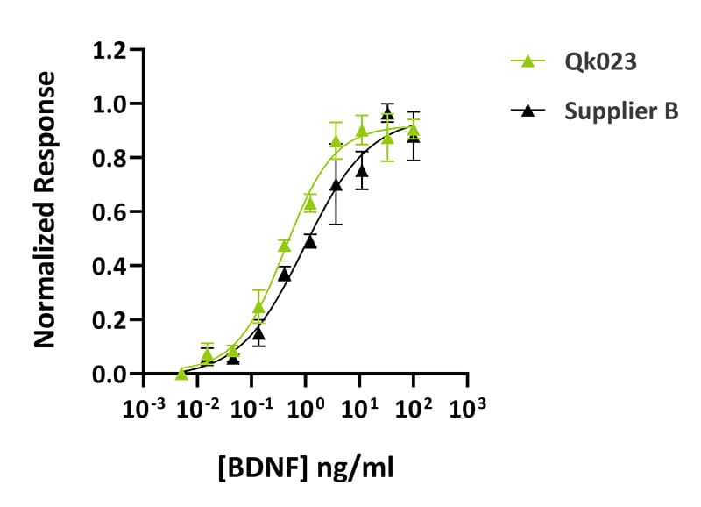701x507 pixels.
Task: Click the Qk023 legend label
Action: [595, 62]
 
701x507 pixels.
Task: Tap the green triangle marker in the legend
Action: [528, 62]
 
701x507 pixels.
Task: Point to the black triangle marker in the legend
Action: [528, 111]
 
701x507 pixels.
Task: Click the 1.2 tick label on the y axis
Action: [109, 50]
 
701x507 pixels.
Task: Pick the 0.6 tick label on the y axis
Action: [109, 211]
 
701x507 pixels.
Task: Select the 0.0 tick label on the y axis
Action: [109, 375]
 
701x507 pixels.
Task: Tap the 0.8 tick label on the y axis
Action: [109, 158]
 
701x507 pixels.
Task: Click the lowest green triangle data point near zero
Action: [181, 373]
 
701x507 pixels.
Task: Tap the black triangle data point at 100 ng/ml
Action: [414, 135]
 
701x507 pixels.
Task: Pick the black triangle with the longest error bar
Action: [336, 184]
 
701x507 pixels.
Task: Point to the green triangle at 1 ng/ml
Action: [309, 204]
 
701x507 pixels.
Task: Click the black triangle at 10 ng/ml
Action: [361, 170]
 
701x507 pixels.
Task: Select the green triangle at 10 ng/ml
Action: [361, 131]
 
